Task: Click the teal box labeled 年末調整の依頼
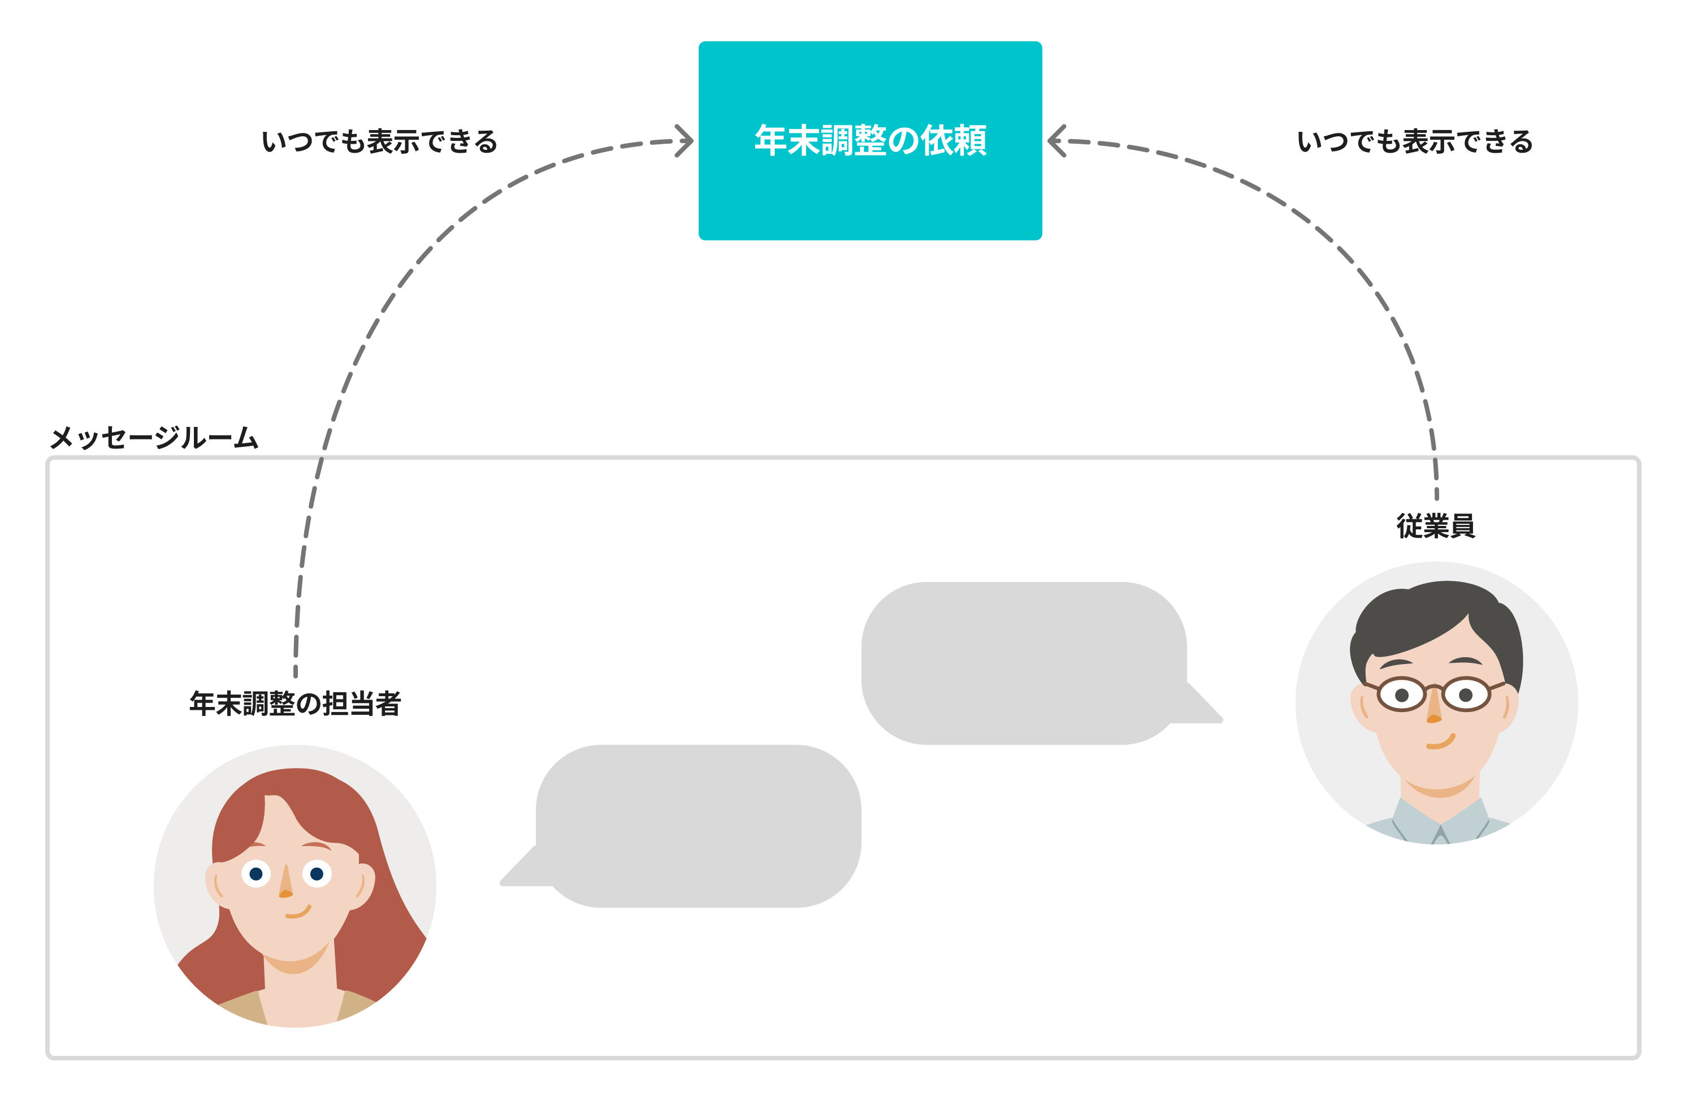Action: (870, 141)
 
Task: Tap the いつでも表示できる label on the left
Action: (380, 142)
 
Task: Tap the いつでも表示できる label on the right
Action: (1414, 142)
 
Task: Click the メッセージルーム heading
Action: (154, 437)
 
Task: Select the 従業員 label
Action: (1436, 526)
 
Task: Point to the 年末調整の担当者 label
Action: (295, 704)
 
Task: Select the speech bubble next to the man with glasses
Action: (1023, 663)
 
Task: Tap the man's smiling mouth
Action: (1441, 743)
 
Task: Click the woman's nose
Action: (286, 884)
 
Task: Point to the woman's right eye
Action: (317, 873)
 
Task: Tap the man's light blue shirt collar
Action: (1441, 823)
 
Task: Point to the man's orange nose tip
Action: (1434, 718)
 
